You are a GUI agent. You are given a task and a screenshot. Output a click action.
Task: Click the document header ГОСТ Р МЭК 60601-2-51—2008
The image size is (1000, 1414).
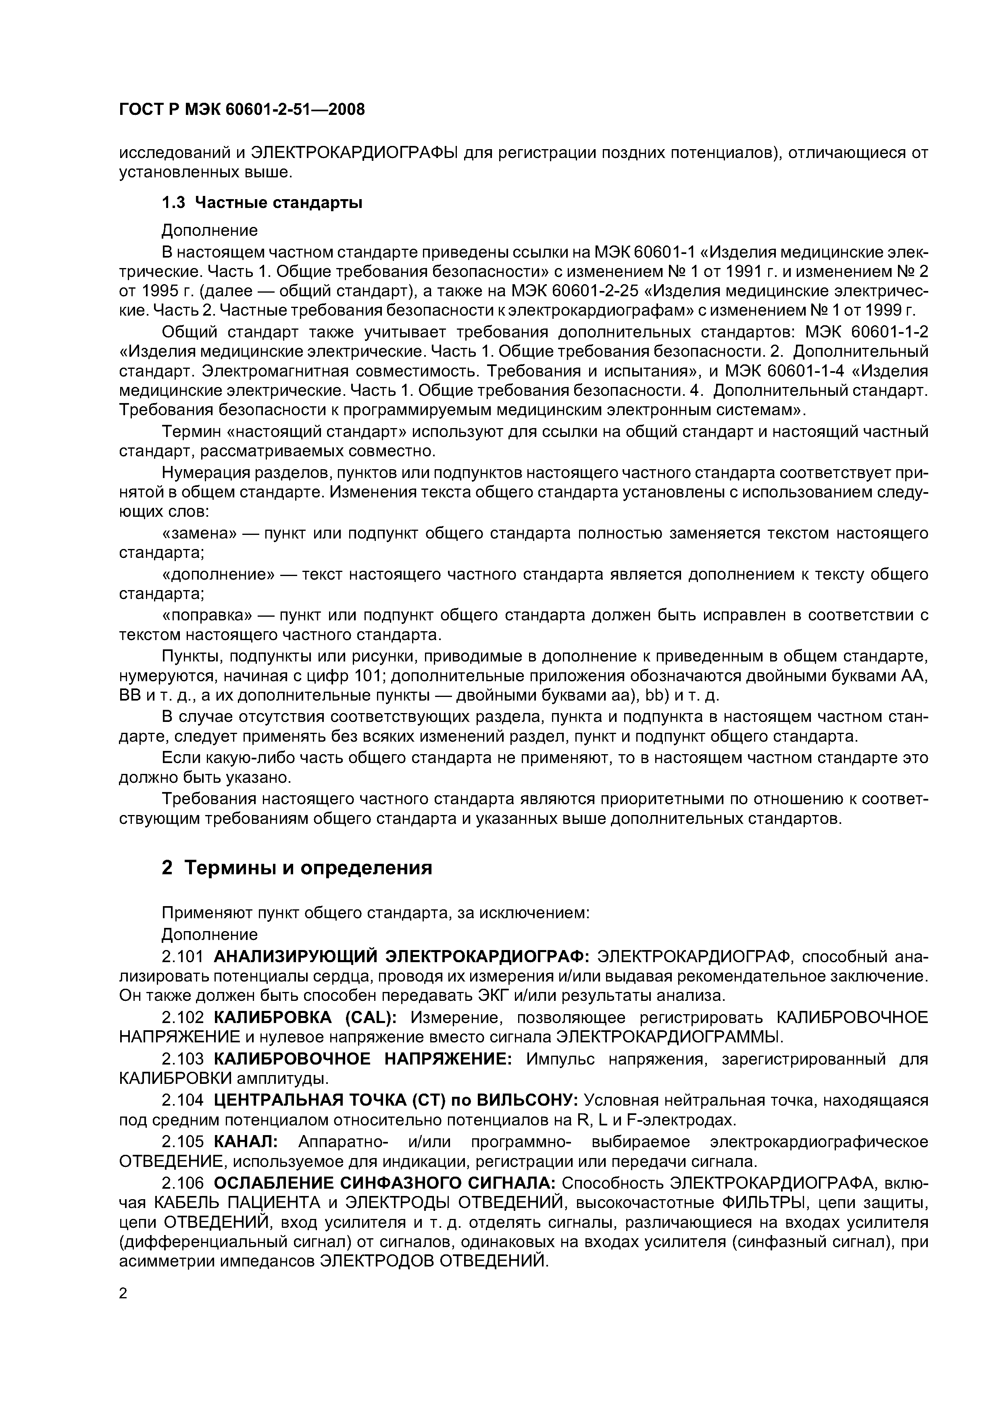point(242,110)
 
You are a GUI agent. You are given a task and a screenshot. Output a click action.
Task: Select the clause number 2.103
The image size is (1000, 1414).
point(182,1059)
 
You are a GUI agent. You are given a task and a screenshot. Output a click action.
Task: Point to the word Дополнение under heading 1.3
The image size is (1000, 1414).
point(210,230)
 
